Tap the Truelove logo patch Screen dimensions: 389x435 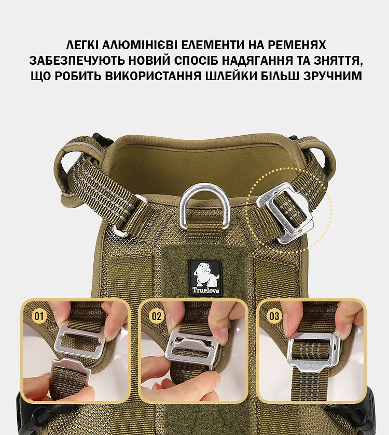205,278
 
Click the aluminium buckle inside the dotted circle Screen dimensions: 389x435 285,213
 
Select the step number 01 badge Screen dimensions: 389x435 39,316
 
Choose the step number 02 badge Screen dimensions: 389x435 157,316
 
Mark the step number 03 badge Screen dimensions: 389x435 274,316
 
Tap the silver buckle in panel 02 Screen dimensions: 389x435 192,349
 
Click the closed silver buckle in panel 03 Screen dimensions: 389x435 314,350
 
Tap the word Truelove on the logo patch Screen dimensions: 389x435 205,291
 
